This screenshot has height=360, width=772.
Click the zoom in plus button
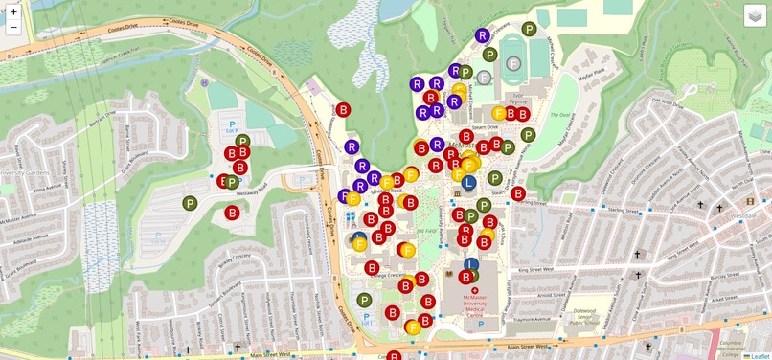(x=13, y=11)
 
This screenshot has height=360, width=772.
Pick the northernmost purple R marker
(x=483, y=35)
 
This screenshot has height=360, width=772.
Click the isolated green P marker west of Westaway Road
(x=190, y=203)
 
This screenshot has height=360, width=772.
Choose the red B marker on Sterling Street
(x=518, y=193)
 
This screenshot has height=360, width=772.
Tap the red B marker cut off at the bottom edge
(x=394, y=356)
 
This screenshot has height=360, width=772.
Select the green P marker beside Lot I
(x=364, y=301)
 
